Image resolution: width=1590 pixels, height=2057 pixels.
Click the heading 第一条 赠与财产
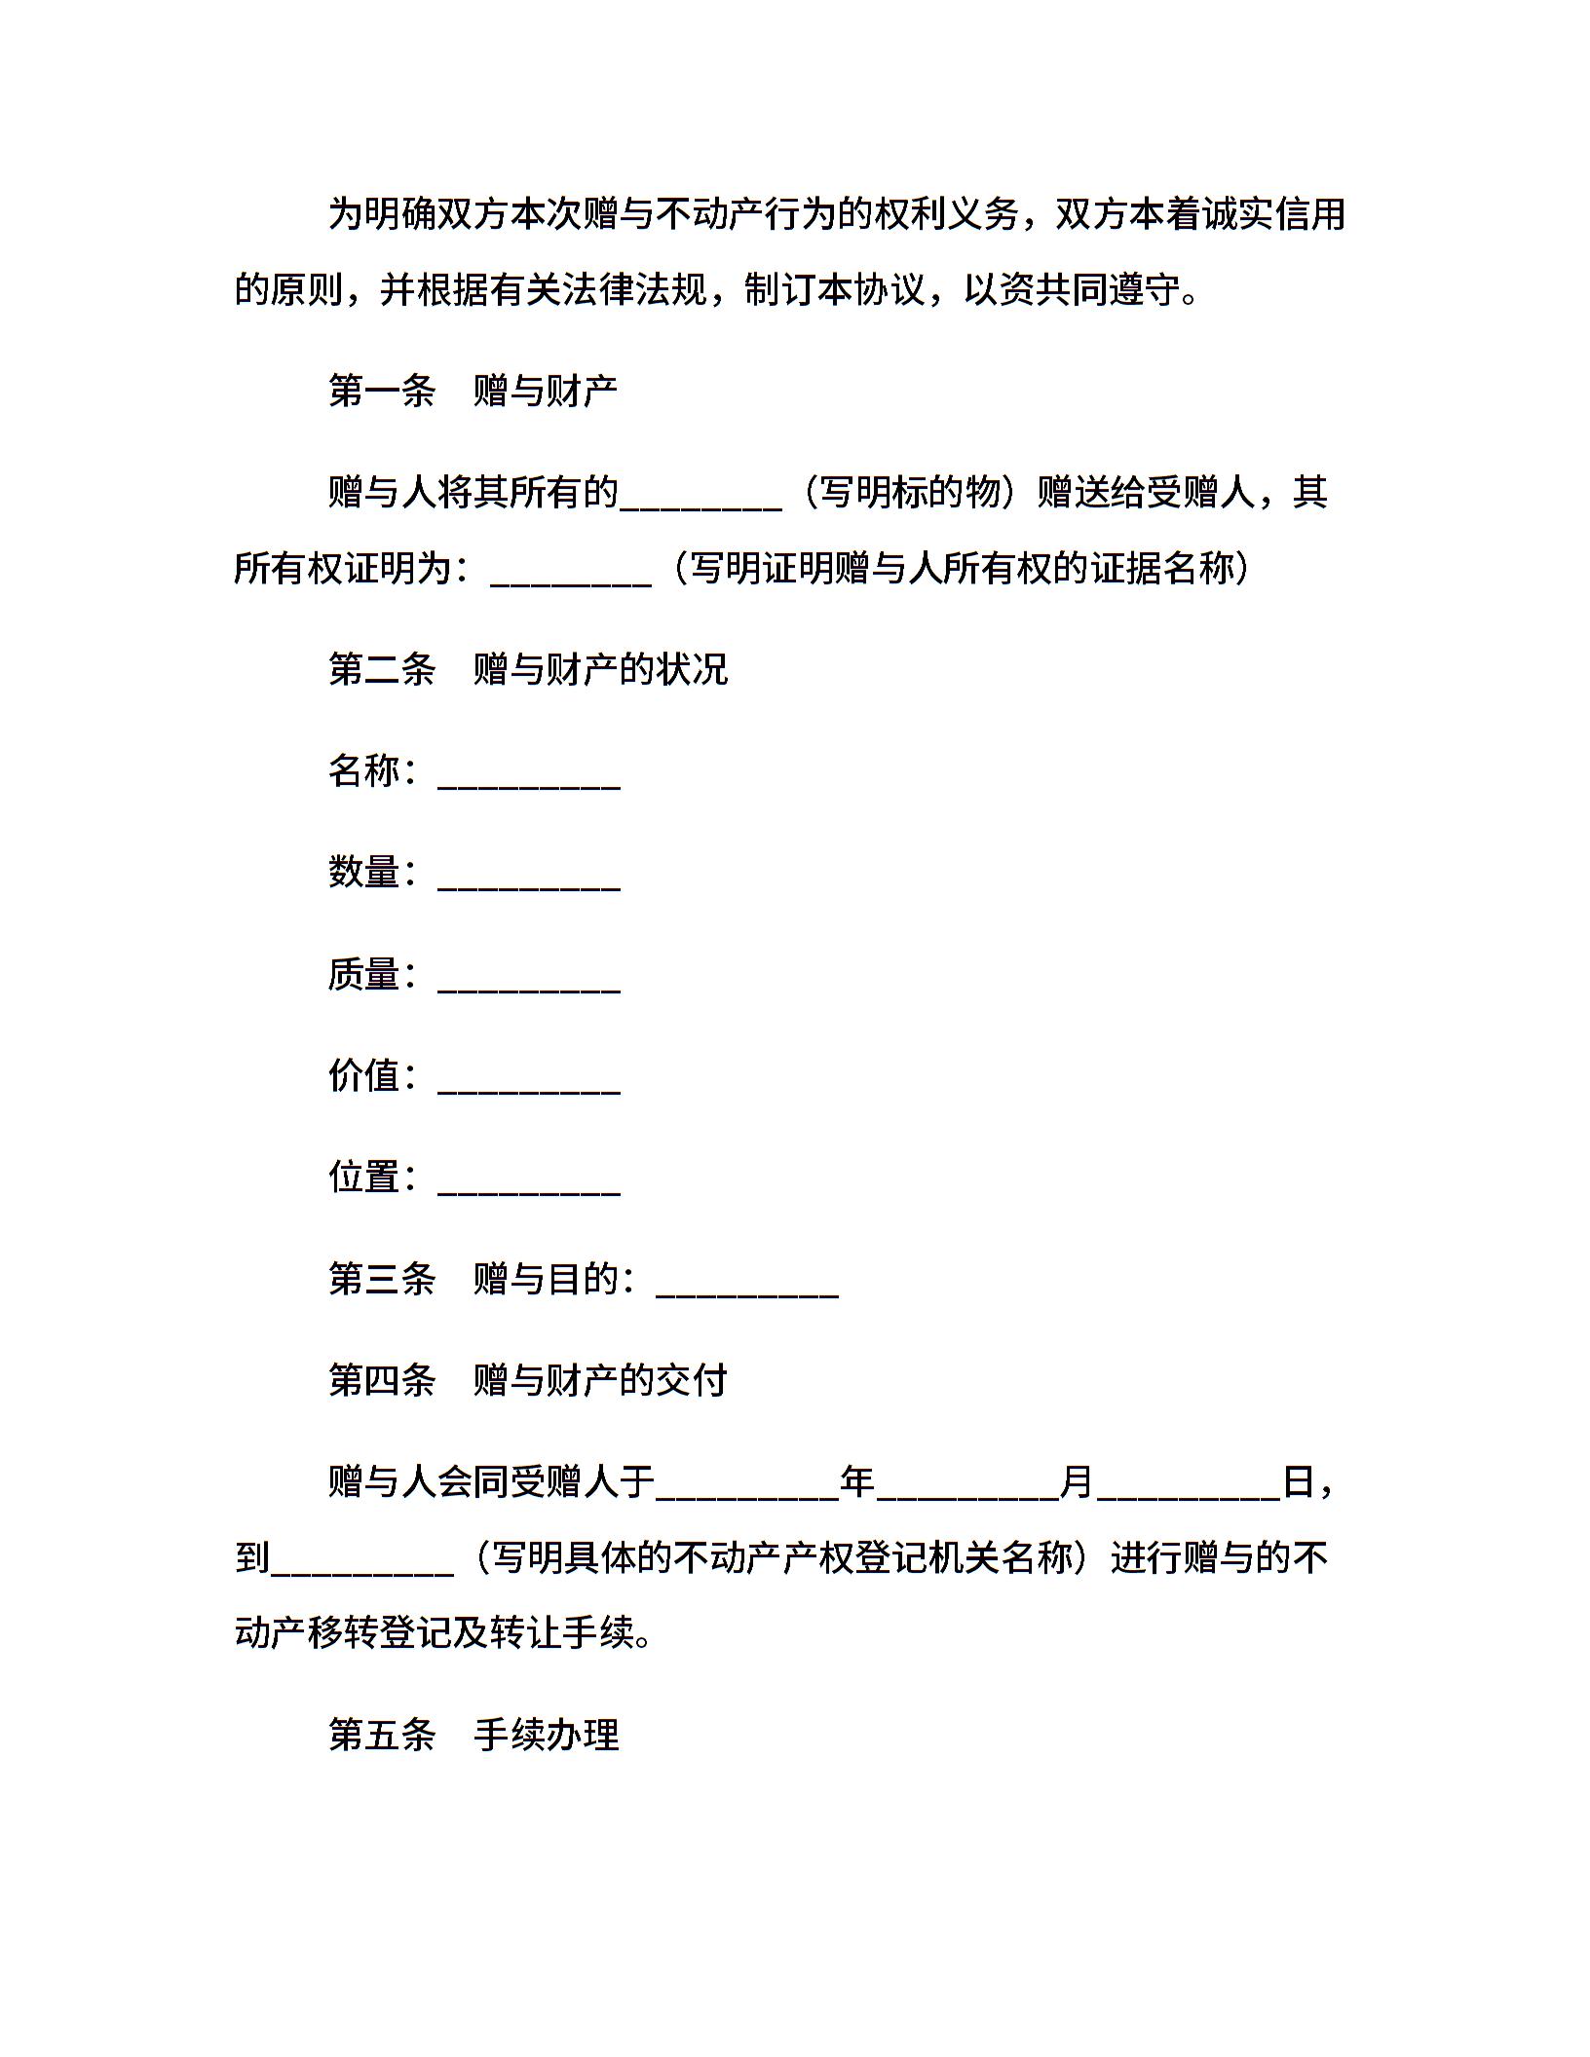pos(473,392)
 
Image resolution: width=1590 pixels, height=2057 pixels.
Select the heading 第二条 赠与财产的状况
pos(528,669)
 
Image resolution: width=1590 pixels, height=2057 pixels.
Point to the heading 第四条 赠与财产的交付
pos(528,1380)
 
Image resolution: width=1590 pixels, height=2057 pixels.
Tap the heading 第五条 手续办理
pos(473,1735)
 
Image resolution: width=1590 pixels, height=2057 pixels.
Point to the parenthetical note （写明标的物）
pos(909,493)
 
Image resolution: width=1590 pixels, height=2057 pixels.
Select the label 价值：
pos(373,1075)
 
